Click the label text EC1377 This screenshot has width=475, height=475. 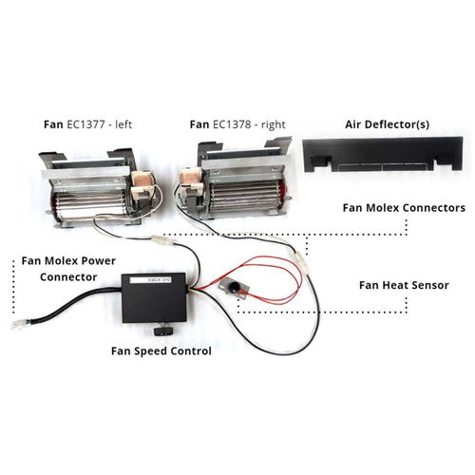85,124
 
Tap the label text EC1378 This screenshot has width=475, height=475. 232,124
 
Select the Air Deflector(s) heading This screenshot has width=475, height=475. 388,124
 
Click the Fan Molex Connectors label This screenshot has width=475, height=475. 404,208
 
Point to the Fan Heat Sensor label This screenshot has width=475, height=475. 404,285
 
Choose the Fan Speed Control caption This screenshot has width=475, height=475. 161,351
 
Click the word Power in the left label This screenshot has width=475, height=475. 99,261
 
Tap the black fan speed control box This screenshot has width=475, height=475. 154,297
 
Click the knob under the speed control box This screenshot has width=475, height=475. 163,331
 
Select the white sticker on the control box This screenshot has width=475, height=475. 151,280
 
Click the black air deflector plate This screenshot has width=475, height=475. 383,155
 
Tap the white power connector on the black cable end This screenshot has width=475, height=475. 20,325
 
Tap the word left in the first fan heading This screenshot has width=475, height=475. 123,124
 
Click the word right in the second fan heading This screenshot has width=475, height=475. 274,124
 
